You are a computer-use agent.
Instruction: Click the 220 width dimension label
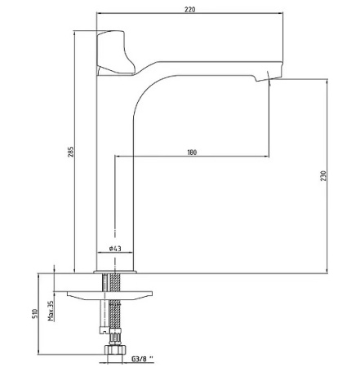coord(190,9)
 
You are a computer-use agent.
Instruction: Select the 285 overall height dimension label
coord(71,152)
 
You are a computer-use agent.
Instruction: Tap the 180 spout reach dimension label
coord(192,153)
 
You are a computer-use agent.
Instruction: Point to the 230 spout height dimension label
coord(323,176)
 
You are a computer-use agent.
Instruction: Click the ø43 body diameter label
coord(115,248)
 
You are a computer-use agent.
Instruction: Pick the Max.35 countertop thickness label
coord(51,311)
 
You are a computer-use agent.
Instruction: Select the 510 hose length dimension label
coord(35,313)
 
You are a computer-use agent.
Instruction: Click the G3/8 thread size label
coord(143,359)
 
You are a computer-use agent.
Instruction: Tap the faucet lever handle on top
coord(116,53)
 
